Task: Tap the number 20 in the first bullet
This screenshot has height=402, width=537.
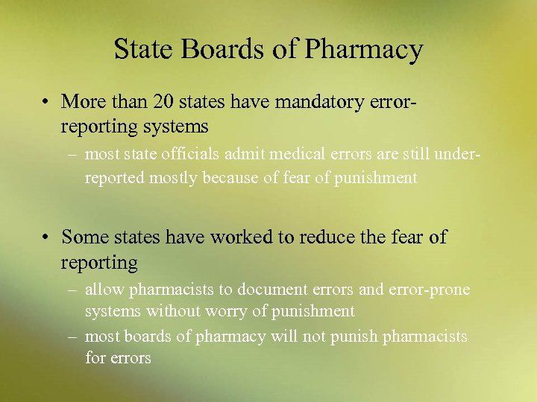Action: pos(162,100)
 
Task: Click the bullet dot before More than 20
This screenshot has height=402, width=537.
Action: pos(46,100)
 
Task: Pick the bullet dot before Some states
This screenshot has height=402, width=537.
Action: pos(46,237)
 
